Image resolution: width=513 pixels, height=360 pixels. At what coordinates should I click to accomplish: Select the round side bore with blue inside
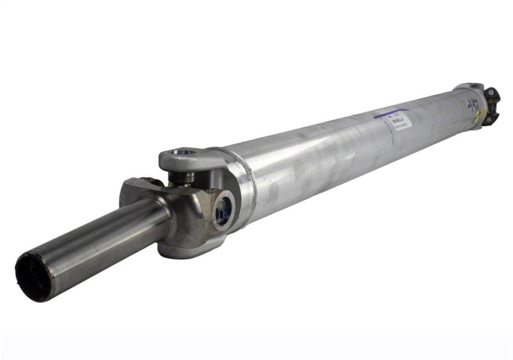pos(223,209)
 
